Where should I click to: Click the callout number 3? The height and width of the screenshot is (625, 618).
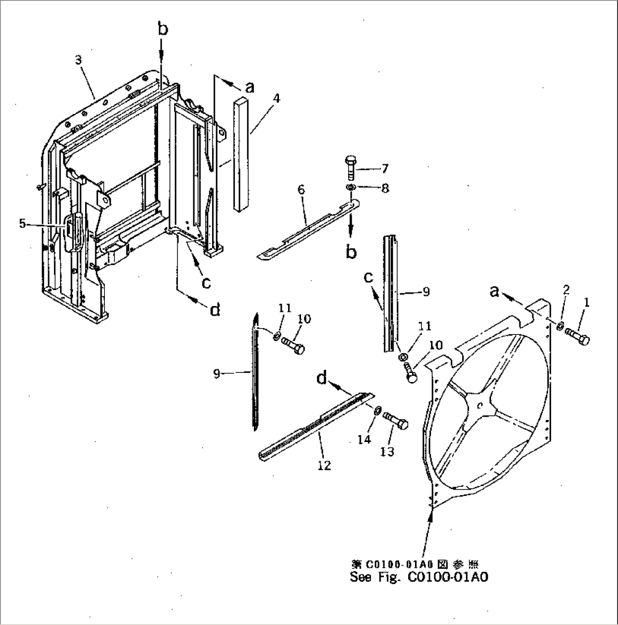click(79, 60)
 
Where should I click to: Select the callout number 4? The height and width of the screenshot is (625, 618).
click(276, 98)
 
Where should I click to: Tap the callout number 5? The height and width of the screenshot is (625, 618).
click(22, 224)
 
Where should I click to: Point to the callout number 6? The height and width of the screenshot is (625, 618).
click(301, 189)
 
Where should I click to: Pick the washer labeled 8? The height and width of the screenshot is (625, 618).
click(350, 188)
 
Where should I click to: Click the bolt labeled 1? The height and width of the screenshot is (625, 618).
click(579, 338)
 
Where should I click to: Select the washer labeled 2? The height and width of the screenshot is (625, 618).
click(559, 325)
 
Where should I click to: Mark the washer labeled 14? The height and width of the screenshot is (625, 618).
click(377, 410)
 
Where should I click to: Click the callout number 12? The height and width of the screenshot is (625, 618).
click(324, 465)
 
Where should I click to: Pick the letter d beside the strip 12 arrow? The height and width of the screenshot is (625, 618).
click(322, 379)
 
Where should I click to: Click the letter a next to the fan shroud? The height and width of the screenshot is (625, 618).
click(494, 291)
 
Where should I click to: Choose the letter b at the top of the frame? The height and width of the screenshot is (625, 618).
click(163, 30)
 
